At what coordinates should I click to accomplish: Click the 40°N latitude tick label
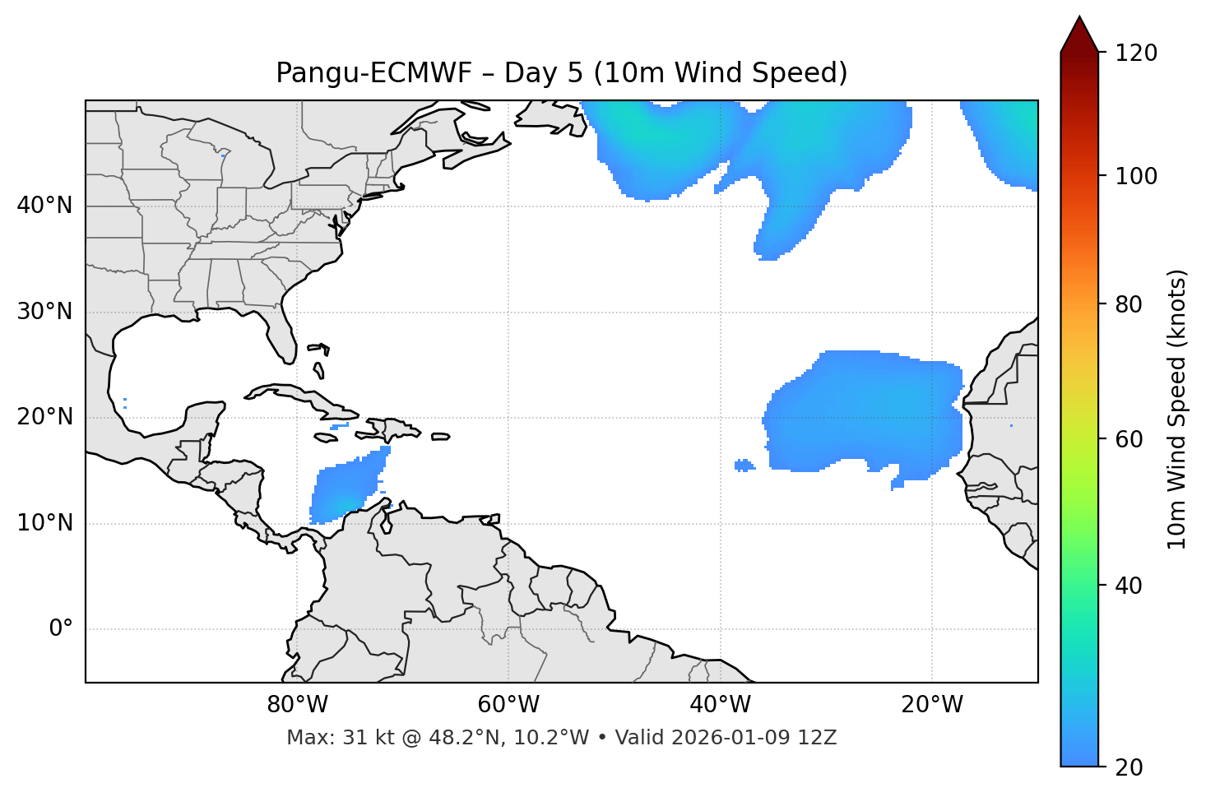44,206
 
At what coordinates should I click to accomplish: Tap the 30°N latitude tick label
44,312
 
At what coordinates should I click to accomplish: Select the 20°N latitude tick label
44,417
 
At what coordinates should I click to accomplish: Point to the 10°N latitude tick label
44,523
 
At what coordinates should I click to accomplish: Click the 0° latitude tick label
61,629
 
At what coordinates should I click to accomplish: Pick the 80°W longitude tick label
297,705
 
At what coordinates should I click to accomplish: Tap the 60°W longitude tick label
508,705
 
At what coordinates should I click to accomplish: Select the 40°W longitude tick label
720,705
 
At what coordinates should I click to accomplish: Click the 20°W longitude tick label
932,705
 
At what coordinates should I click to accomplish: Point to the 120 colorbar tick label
1136,53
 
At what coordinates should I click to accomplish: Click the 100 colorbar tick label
1136,176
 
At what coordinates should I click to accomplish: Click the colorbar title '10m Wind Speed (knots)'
1177,409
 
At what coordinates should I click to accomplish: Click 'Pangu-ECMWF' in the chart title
373,73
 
